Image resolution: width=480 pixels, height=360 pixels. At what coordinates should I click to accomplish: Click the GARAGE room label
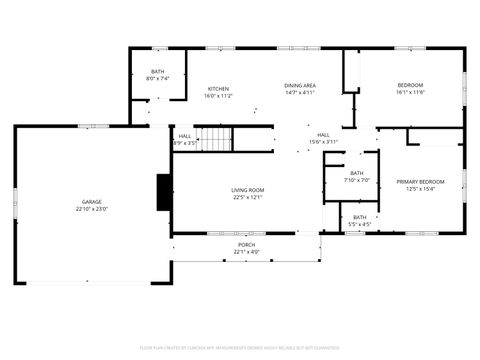[92, 202]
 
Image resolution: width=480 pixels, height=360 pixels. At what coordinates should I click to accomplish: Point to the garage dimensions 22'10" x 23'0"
[92, 210]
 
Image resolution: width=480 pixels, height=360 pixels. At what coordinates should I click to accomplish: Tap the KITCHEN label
[218, 88]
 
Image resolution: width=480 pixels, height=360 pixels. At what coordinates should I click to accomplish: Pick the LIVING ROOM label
[247, 190]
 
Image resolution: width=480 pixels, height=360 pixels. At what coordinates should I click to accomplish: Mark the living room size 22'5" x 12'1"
[247, 198]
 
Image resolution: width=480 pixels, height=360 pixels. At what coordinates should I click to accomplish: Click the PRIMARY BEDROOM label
[420, 181]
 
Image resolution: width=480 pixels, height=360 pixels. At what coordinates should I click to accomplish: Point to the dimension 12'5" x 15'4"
[420, 189]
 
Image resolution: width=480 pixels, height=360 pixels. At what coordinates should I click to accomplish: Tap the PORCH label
[246, 244]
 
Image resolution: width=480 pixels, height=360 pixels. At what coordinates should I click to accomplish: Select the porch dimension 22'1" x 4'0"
[246, 252]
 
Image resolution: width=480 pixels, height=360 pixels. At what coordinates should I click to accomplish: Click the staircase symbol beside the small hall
[213, 139]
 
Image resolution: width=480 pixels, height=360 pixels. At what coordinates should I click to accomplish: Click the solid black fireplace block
[164, 192]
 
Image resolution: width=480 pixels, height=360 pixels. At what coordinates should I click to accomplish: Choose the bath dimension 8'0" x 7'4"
[158, 79]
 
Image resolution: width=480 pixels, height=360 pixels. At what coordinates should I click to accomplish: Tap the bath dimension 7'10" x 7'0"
[357, 181]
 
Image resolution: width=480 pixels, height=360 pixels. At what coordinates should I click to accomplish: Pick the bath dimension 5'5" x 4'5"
[359, 224]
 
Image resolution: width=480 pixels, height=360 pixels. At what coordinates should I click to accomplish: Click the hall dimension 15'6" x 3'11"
[324, 143]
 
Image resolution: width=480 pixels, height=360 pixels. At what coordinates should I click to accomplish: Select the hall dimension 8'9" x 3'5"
[185, 144]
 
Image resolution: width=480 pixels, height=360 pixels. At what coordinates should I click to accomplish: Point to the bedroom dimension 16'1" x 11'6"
[410, 93]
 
